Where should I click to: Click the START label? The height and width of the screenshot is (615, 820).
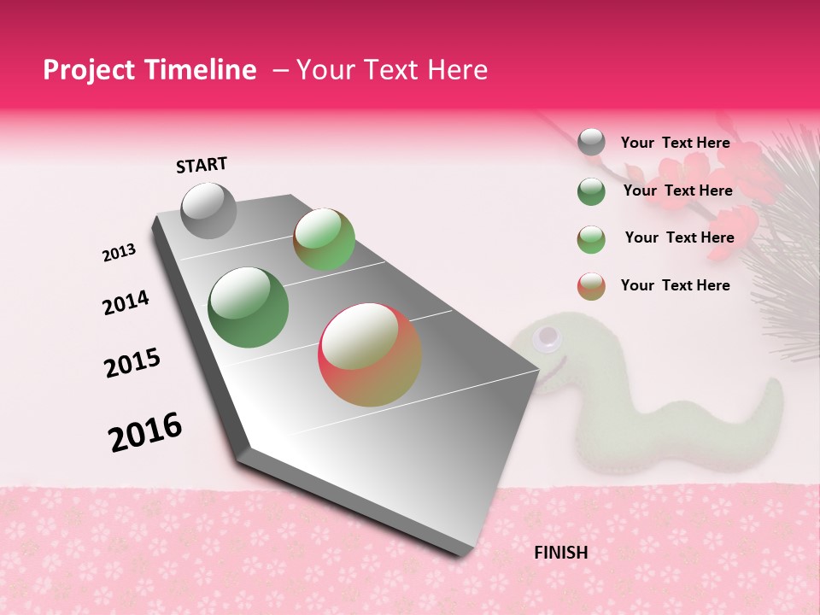click(202, 165)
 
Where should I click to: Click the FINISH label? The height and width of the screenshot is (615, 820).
click(560, 553)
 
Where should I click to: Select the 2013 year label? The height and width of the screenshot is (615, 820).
click(120, 252)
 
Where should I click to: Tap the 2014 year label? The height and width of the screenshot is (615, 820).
click(126, 302)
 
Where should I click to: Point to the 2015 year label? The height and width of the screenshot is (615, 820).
click(132, 363)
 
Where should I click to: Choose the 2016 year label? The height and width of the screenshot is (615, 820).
click(145, 431)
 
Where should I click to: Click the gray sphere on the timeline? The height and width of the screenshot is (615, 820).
click(208, 210)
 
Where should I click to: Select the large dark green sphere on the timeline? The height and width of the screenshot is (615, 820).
click(248, 307)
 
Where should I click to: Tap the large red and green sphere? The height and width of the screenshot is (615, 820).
click(370, 354)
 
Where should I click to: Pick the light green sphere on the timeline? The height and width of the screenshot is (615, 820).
click(325, 239)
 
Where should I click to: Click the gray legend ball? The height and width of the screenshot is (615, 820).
click(591, 143)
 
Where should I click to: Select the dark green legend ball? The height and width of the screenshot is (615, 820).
click(591, 191)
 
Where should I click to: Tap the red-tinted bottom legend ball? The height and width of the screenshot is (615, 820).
click(591, 286)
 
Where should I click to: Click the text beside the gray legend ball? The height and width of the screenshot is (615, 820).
click(675, 143)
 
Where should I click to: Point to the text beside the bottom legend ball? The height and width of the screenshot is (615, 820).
click(675, 285)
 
